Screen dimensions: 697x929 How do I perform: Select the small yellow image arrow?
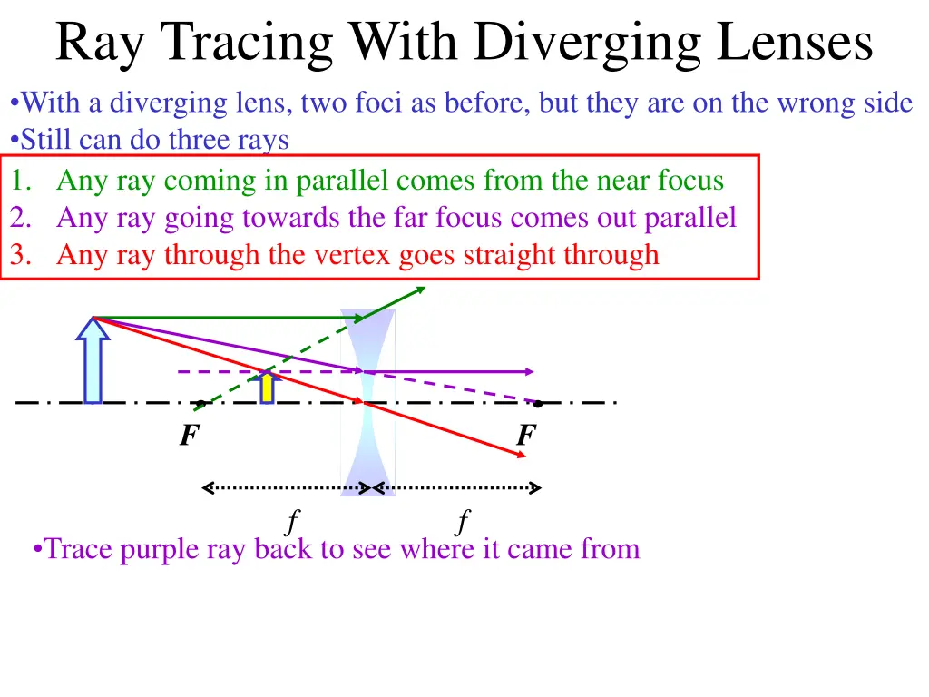[x=267, y=386]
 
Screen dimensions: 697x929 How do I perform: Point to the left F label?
[x=188, y=437]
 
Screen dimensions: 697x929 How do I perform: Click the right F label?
[x=525, y=437]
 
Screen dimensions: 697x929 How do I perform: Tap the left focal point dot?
[x=200, y=404]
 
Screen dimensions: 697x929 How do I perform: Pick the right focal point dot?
[x=538, y=403]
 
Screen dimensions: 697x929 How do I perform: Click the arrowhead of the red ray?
[x=522, y=455]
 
